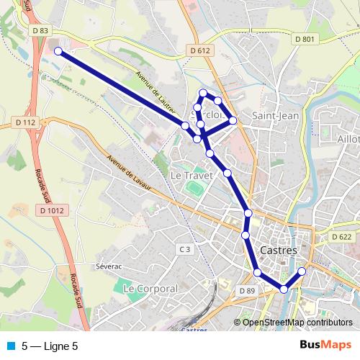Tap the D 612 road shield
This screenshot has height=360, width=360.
pos(201,50)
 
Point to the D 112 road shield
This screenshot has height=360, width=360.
pos(24,123)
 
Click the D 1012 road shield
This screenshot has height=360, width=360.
pos(51,210)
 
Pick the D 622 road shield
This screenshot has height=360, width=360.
pos(342,236)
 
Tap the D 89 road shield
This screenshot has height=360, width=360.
pos(246,290)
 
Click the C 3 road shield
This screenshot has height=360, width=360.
pos(185,249)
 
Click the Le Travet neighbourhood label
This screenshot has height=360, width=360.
pos(188,175)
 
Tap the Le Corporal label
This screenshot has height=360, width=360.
pos(150,288)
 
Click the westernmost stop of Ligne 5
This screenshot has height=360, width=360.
pos(58,52)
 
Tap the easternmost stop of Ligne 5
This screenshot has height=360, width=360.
pos(302,271)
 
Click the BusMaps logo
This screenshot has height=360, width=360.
pos(325,346)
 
